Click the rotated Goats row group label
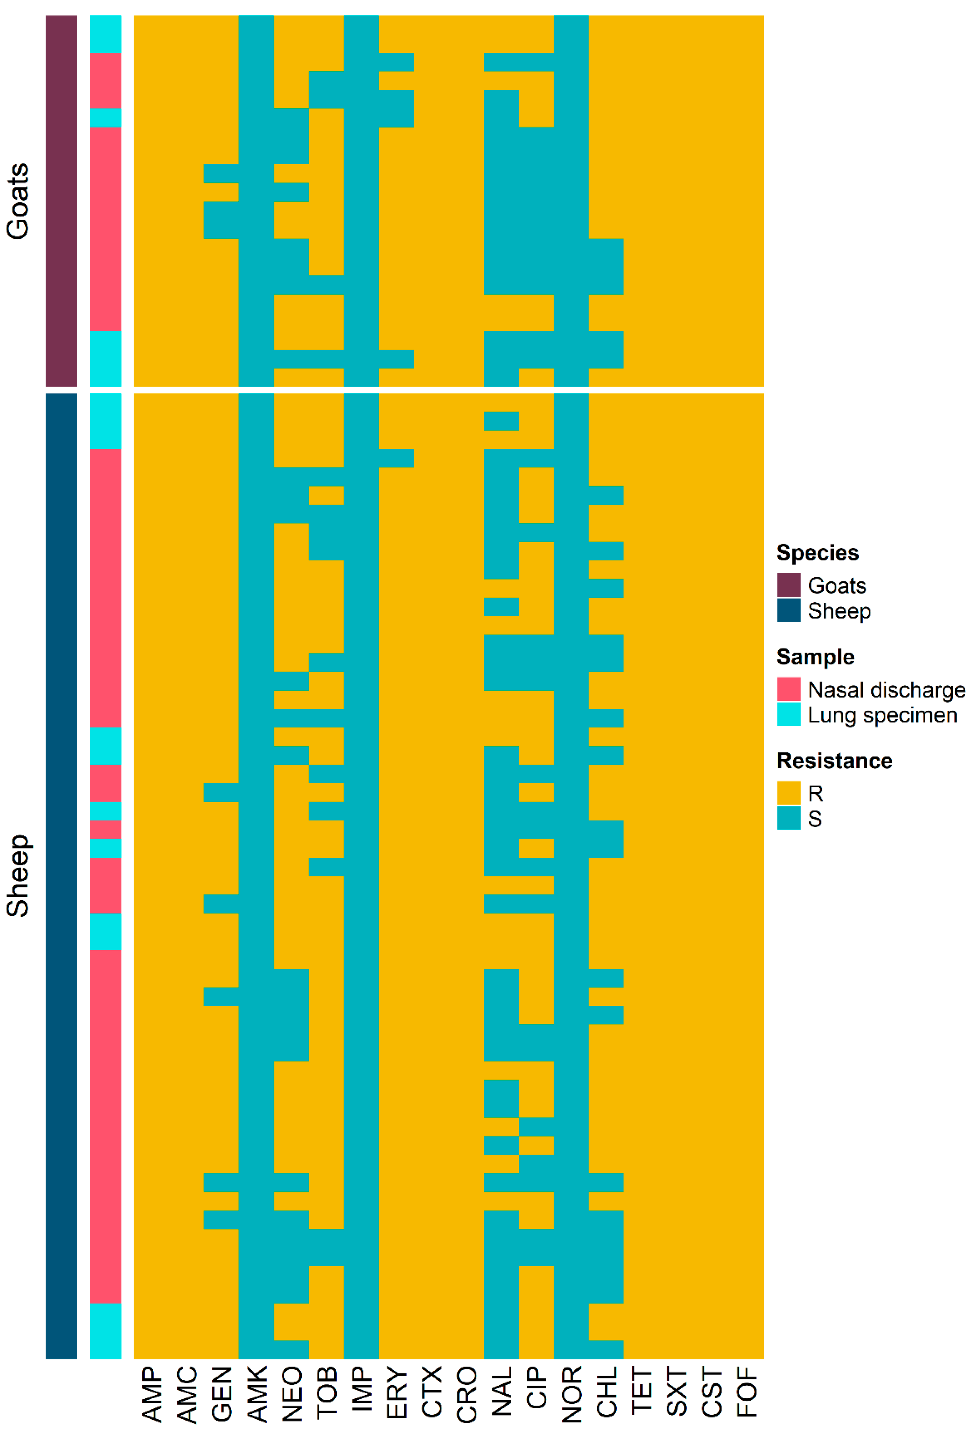(x=17, y=201)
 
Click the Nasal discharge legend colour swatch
(x=789, y=689)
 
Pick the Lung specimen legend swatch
(x=789, y=714)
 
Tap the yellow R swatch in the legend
(x=789, y=793)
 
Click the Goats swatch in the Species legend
(x=789, y=585)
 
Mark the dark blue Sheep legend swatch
(x=789, y=610)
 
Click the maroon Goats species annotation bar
(x=61, y=201)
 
